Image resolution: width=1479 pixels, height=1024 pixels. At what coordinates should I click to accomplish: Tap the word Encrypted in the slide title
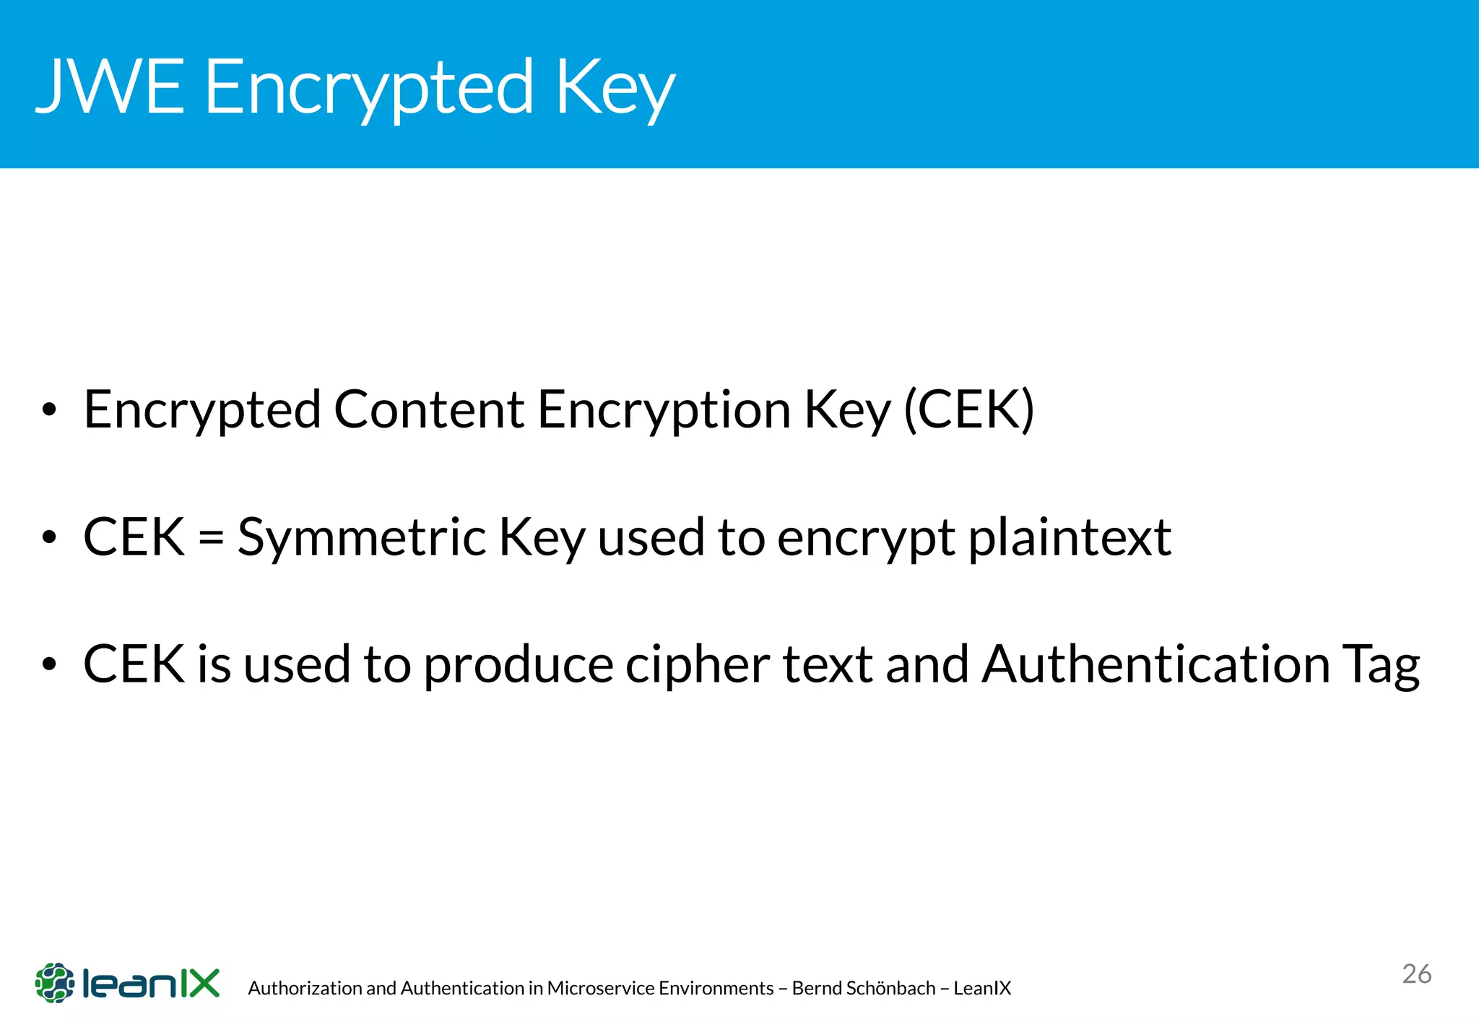368,88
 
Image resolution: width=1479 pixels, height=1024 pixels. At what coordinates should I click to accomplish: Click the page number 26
1416,974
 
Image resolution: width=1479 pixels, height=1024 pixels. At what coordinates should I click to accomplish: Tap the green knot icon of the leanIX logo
55,983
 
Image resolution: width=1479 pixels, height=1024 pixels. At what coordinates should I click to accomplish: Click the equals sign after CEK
211,538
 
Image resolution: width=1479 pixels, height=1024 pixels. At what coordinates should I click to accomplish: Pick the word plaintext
1069,538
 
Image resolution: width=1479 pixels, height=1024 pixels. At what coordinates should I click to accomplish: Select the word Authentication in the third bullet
1155,664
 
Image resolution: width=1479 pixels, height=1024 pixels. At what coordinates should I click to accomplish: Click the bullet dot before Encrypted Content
49,410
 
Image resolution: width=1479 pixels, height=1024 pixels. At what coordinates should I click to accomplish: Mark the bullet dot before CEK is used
49,664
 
